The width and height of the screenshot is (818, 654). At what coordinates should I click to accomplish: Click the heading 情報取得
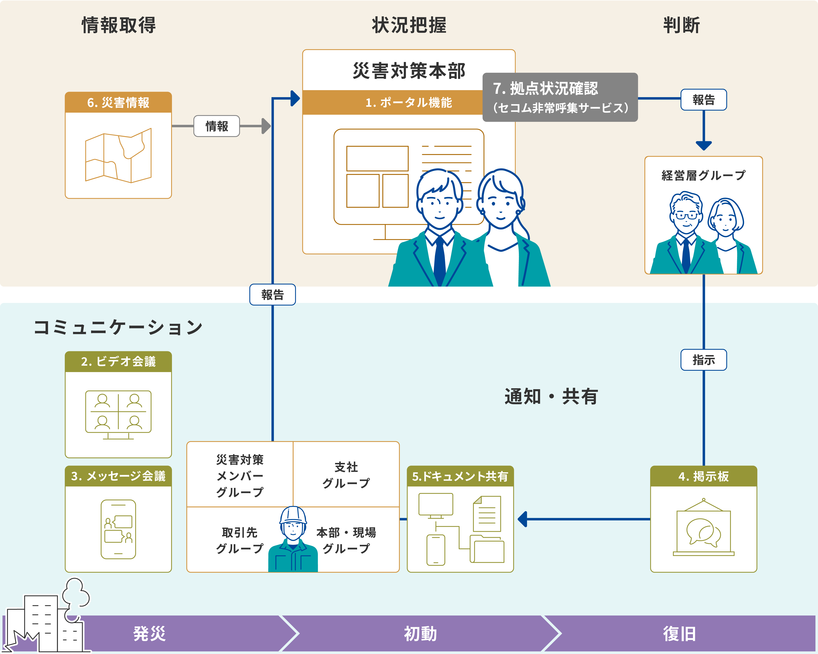pos(119,25)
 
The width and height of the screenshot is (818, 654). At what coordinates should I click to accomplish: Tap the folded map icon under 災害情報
pos(118,155)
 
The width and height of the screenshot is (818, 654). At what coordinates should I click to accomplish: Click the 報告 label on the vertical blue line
pos(272,295)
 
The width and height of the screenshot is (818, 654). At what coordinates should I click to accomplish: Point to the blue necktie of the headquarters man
pos(440,262)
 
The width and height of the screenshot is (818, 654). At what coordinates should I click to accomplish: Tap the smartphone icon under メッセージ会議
pos(118,529)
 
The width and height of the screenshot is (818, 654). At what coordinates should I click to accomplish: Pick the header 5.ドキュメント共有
pos(460,476)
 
